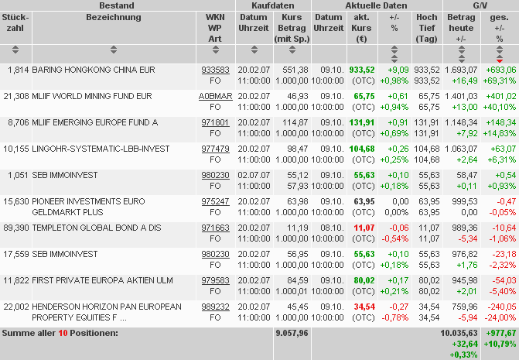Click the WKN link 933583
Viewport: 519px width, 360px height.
click(215, 70)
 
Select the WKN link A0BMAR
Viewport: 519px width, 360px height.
click(215, 96)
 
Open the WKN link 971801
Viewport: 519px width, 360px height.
click(215, 122)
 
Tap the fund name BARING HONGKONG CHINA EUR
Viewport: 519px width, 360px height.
click(93, 70)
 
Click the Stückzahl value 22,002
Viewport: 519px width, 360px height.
click(15, 307)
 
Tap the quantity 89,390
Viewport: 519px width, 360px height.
click(15, 228)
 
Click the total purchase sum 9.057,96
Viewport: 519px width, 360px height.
click(292, 333)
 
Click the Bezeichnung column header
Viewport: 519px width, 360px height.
click(114, 17)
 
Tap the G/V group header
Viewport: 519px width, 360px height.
click(480, 5)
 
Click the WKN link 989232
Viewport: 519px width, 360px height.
click(215, 307)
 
